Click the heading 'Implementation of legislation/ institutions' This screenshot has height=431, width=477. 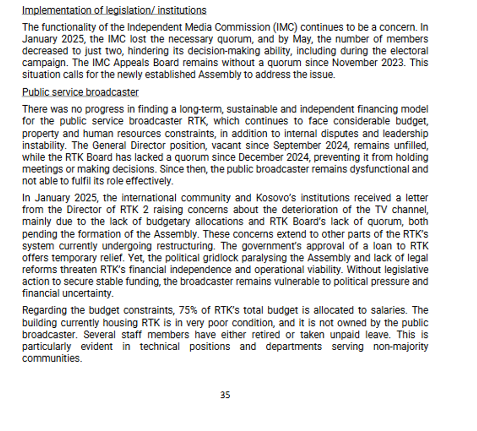[x=114, y=10]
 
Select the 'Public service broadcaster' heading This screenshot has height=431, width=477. [x=80, y=93]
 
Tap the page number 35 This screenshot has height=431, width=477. [x=225, y=395]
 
